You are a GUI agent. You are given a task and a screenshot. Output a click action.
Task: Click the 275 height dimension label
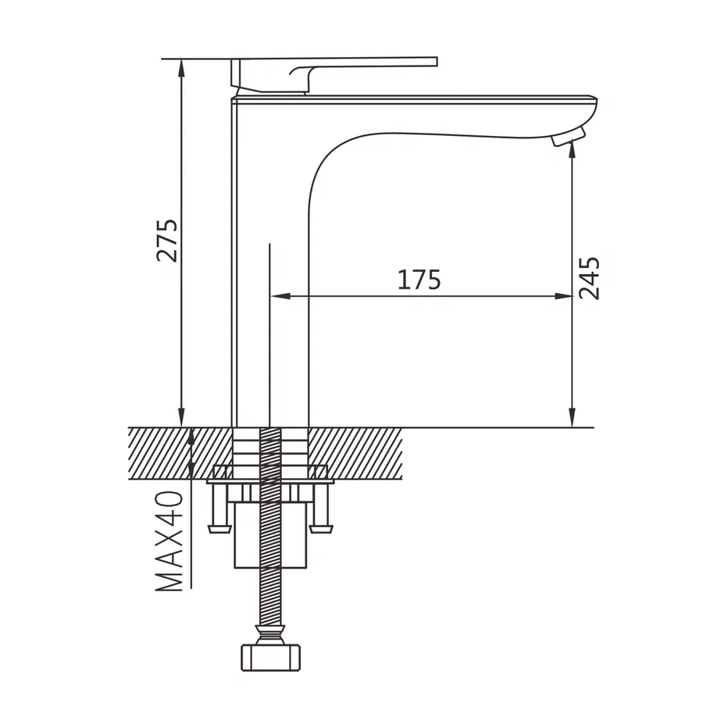point(167,240)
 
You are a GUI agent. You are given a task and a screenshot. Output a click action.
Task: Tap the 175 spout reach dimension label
point(419,280)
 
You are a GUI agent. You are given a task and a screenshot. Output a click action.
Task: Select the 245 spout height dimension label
point(589,278)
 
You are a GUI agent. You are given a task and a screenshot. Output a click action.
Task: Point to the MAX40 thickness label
point(169,541)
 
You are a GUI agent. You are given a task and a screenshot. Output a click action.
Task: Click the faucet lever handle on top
point(334,73)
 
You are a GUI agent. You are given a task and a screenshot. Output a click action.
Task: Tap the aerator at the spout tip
point(569,137)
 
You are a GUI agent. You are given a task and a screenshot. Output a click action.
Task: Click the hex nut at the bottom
point(271,656)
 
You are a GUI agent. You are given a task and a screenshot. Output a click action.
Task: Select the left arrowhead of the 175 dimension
point(280,296)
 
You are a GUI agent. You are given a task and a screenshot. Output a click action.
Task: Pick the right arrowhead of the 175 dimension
point(562,296)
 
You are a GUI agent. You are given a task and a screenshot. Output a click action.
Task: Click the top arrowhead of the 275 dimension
point(181,68)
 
